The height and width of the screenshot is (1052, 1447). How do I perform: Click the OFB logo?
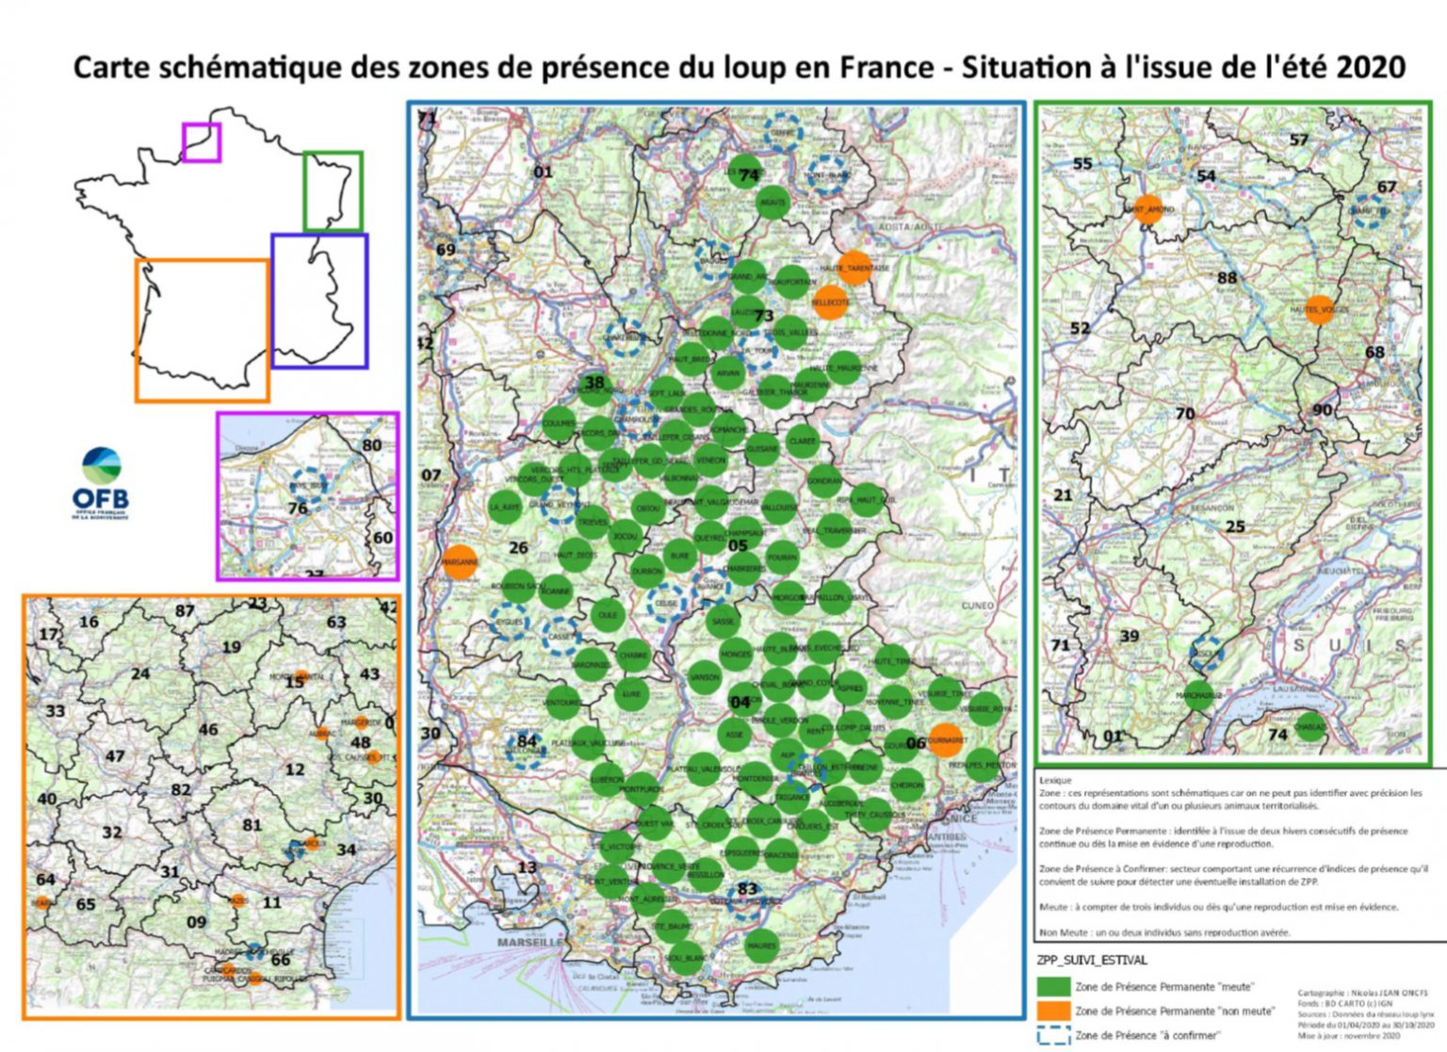pos(101,481)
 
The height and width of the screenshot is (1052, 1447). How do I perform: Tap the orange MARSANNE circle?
pos(460,562)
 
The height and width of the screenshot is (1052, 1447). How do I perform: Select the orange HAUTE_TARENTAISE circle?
pos(854,267)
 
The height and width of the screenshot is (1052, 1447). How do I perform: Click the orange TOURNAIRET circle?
pos(945,740)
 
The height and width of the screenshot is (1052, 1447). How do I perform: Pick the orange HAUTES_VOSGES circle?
pos(1319,309)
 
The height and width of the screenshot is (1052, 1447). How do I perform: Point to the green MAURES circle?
pos(761,945)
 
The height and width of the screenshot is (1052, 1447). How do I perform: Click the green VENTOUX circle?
pos(562,702)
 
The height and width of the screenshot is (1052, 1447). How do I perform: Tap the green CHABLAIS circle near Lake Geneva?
pos(1309,726)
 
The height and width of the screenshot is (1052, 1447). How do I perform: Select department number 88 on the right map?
pos(1227,278)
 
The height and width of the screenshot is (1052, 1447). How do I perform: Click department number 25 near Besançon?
pos(1235,526)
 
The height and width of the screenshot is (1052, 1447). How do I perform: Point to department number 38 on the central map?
pos(594,382)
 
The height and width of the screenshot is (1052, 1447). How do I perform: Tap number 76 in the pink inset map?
pos(298,509)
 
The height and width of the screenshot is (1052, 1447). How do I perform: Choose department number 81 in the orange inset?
pos(252,825)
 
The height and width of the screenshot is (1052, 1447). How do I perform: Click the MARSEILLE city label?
pos(529,942)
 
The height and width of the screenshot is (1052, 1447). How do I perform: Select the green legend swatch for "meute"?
pos(1053,986)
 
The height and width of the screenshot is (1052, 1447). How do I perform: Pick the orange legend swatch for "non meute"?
pos(1053,1011)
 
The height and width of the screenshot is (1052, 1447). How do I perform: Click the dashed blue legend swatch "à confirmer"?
pos(1053,1035)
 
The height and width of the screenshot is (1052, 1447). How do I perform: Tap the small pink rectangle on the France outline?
pos(202,142)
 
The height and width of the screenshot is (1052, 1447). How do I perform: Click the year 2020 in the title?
pos(1371,68)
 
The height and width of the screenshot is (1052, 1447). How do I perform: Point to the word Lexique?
pos(1055,780)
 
